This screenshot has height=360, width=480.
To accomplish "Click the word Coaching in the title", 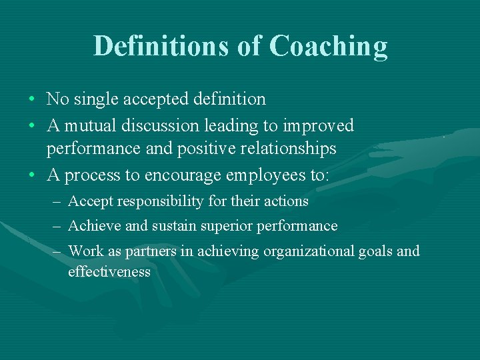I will (328, 47).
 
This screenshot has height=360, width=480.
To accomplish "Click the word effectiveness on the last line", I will (109, 272).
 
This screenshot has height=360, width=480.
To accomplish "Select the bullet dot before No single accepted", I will (32, 100).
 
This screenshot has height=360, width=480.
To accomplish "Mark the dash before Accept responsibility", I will (57, 201).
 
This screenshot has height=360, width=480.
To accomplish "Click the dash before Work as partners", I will (57, 251).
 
